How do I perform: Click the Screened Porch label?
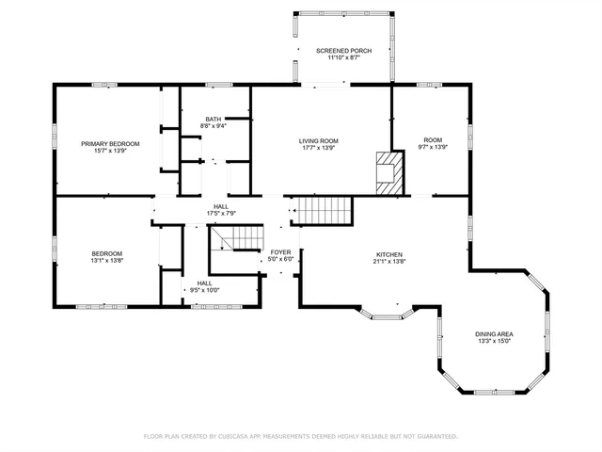pyautogui.click(x=344, y=50)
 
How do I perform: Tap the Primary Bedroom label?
pyautogui.click(x=110, y=143)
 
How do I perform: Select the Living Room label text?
pyautogui.click(x=319, y=140)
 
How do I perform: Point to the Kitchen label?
pyautogui.click(x=389, y=254)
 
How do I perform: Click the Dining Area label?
pyautogui.click(x=494, y=334)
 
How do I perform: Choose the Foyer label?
pyautogui.click(x=281, y=252)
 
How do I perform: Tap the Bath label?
pyautogui.click(x=214, y=119)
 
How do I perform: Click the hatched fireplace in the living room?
pyautogui.click(x=388, y=173)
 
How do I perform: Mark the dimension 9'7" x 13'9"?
pyautogui.click(x=433, y=148)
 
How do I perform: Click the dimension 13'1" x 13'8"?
pyautogui.click(x=106, y=261)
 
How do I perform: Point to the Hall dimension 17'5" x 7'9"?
pyautogui.click(x=221, y=214)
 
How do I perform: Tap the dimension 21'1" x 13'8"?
pyautogui.click(x=389, y=262)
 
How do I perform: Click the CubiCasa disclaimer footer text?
pyautogui.click(x=300, y=436)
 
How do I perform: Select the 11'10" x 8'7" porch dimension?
pyautogui.click(x=344, y=57)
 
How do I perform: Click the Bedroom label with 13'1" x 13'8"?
pyautogui.click(x=106, y=253)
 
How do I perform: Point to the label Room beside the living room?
pyautogui.click(x=433, y=140)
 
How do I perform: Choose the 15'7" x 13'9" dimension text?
pyautogui.click(x=110, y=151)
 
